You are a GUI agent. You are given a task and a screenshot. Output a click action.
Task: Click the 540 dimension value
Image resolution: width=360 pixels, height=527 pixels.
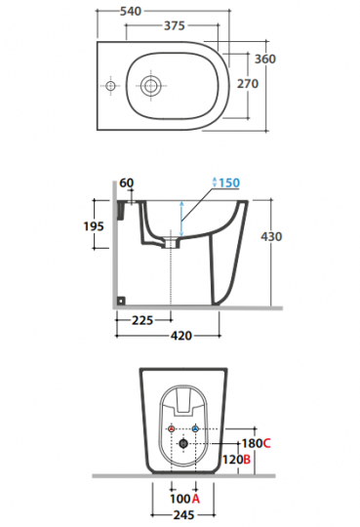pyautogui.click(x=131, y=11)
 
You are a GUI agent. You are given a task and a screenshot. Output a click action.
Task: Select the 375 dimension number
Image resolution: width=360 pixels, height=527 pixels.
pyautogui.click(x=175, y=25)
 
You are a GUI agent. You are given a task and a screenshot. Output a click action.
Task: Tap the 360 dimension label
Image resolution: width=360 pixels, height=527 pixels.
pyautogui.click(x=265, y=59)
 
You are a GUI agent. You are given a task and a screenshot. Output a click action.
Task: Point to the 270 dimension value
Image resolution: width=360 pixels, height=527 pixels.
pyautogui.click(x=248, y=83)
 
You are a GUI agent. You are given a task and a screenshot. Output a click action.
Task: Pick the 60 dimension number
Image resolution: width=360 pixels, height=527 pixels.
pyautogui.click(x=127, y=182)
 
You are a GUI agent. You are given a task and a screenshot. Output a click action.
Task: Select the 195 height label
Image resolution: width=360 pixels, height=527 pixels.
pyautogui.click(x=94, y=226)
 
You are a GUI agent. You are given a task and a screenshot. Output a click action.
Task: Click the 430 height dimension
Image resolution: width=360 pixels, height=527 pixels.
pyautogui.click(x=271, y=236)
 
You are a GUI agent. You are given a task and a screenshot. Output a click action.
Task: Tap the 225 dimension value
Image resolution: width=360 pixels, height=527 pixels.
pyautogui.click(x=142, y=320)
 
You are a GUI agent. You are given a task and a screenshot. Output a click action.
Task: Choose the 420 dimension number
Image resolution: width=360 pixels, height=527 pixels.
pyautogui.click(x=181, y=336)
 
